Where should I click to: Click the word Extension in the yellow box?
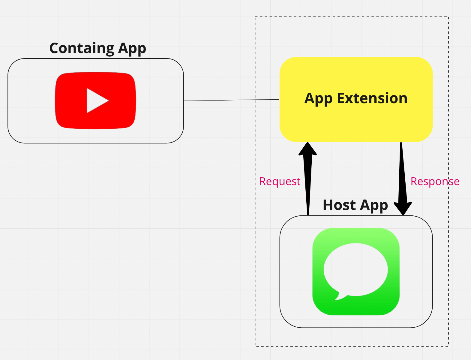click(372, 98)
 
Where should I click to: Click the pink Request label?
click(280, 181)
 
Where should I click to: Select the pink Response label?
click(435, 181)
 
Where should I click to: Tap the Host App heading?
click(355, 205)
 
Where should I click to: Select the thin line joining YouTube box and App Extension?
click(231, 100)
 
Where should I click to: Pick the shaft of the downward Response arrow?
click(402, 174)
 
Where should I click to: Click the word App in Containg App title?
click(132, 49)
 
